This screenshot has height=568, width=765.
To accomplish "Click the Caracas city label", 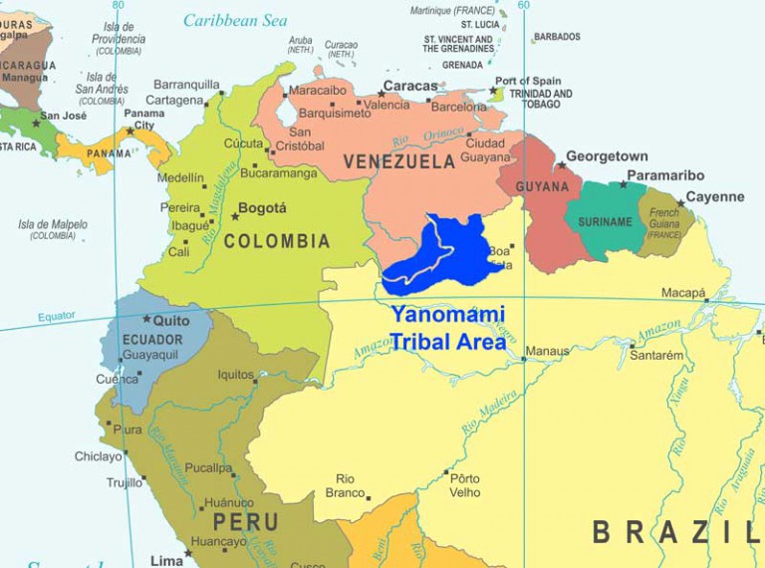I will pos(410,86).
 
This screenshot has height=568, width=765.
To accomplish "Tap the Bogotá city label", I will pos(264,208).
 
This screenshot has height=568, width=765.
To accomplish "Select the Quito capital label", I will pos(171,320).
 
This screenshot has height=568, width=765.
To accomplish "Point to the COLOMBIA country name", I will pos(277,241).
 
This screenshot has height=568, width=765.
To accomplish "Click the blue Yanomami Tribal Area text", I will pos(447,327).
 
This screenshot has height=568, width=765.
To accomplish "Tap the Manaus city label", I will pos(548,351).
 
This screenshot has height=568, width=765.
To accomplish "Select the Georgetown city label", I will pos(607,156).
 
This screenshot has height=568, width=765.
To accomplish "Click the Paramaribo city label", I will pos(665,176).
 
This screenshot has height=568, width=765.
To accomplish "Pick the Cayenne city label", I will pos(714,196).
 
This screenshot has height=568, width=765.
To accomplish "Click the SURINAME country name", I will pos(605,222).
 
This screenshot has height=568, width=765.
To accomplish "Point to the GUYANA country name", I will pos(542,186).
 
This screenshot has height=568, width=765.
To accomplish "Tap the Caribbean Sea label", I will pos(235,20).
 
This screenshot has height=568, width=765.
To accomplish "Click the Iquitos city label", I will pos(236,375).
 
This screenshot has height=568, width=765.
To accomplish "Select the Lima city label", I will pos(166,561).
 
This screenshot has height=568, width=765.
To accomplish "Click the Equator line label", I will pos(57,317).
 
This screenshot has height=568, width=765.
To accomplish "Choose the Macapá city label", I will pos(683,293).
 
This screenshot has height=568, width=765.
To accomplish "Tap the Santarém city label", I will pos(656,355).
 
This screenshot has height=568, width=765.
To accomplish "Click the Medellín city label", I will pos(180,178).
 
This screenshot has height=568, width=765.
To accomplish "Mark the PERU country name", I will pos(245,522).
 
